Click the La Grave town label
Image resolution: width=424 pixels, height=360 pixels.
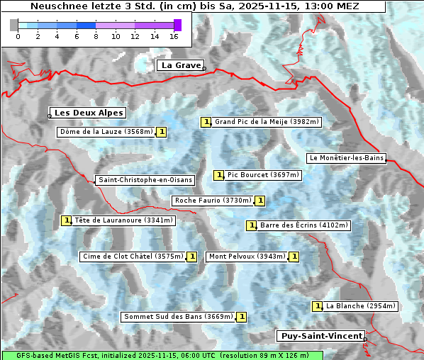[181, 65]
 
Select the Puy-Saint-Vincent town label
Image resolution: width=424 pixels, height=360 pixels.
[321, 336]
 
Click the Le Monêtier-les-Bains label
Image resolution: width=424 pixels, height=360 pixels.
[346, 157]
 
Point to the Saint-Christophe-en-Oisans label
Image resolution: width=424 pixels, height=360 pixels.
[145, 180]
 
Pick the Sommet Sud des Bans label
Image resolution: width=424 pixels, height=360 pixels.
[178, 317]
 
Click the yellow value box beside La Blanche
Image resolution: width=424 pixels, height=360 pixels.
[318, 306]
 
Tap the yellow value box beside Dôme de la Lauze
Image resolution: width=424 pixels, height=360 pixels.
[162, 132]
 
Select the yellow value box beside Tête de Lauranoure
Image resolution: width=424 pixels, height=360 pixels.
[67, 220]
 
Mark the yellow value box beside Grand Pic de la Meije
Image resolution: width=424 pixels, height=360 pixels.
[206, 122]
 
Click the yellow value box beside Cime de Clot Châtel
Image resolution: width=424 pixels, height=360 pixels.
[191, 257]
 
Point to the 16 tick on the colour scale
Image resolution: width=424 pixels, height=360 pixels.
[174, 35]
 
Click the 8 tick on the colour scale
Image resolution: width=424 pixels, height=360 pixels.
[96, 35]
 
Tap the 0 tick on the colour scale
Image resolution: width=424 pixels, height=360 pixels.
[18, 35]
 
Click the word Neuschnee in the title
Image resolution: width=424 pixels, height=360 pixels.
[56, 6]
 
